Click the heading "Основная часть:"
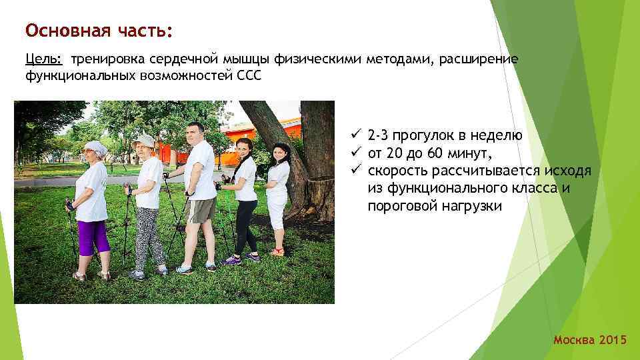pyautogui.click(x=99, y=31)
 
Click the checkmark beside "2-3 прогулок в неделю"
pyautogui.click(x=357, y=136)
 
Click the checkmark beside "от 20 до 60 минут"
pyautogui.click(x=357, y=153)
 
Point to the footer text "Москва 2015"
pyautogui.click(x=590, y=341)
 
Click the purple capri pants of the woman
pyautogui.click(x=92, y=236)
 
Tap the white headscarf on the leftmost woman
pyautogui.click(x=95, y=148)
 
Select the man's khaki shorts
pyautogui.click(x=201, y=210)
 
